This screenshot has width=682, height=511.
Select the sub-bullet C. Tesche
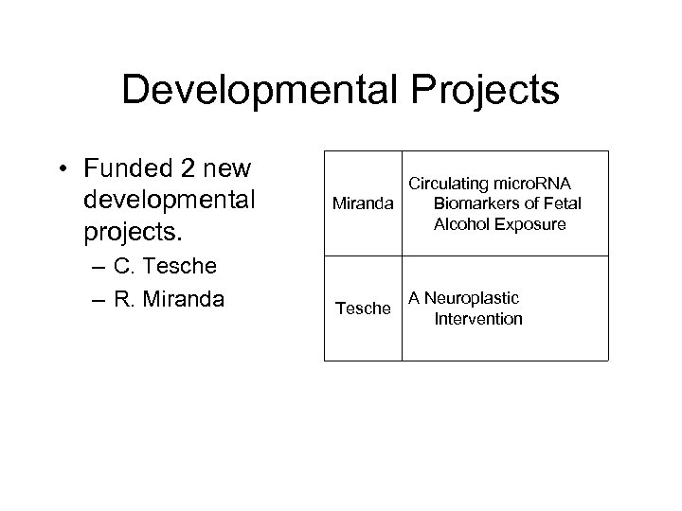click(x=164, y=266)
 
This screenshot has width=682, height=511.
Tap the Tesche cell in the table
click(x=364, y=308)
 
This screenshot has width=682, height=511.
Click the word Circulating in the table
click(x=448, y=184)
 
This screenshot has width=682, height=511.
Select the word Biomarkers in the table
click(x=477, y=203)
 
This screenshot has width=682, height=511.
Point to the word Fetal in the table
click(x=562, y=203)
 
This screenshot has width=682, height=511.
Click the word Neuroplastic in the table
click(x=471, y=298)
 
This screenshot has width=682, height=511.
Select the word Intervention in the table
click(x=478, y=319)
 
